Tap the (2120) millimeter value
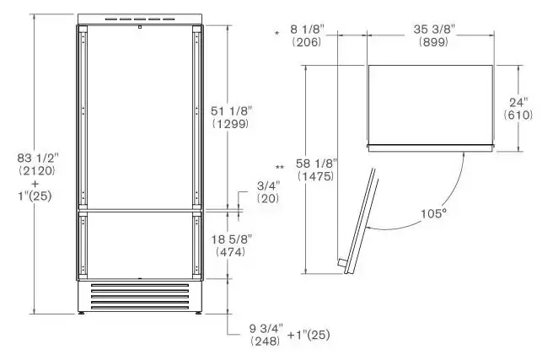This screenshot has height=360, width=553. pos(37,170)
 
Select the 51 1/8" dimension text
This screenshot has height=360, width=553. pos(232,111)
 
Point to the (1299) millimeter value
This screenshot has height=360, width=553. pos(231,124)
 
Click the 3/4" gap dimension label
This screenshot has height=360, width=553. pos(268,185)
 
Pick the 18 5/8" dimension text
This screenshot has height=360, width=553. pos(232,239)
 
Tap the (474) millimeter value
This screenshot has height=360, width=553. pos(231,252)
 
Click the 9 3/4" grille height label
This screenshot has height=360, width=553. pos(266,329)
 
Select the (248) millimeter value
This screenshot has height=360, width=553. pos(266,341)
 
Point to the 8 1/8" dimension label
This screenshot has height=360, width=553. pos(307,30)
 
